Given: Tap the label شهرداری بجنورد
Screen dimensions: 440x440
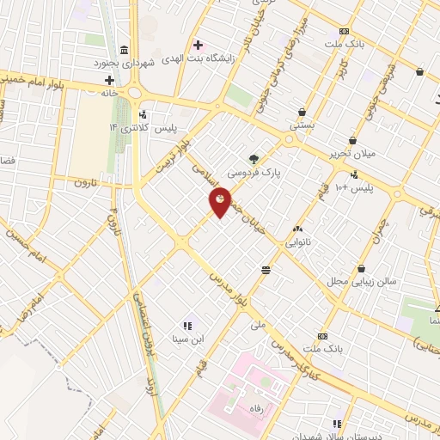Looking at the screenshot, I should [x=125, y=63].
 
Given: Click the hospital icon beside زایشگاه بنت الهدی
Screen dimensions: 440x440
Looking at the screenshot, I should [x=199, y=44].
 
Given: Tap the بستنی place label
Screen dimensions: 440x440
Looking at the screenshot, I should [x=302, y=125].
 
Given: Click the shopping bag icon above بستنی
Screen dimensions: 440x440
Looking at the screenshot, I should [x=302, y=111].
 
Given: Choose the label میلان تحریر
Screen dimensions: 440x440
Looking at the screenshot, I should [x=352, y=154].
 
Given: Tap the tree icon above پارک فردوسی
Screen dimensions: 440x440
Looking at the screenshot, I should [x=254, y=158].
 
